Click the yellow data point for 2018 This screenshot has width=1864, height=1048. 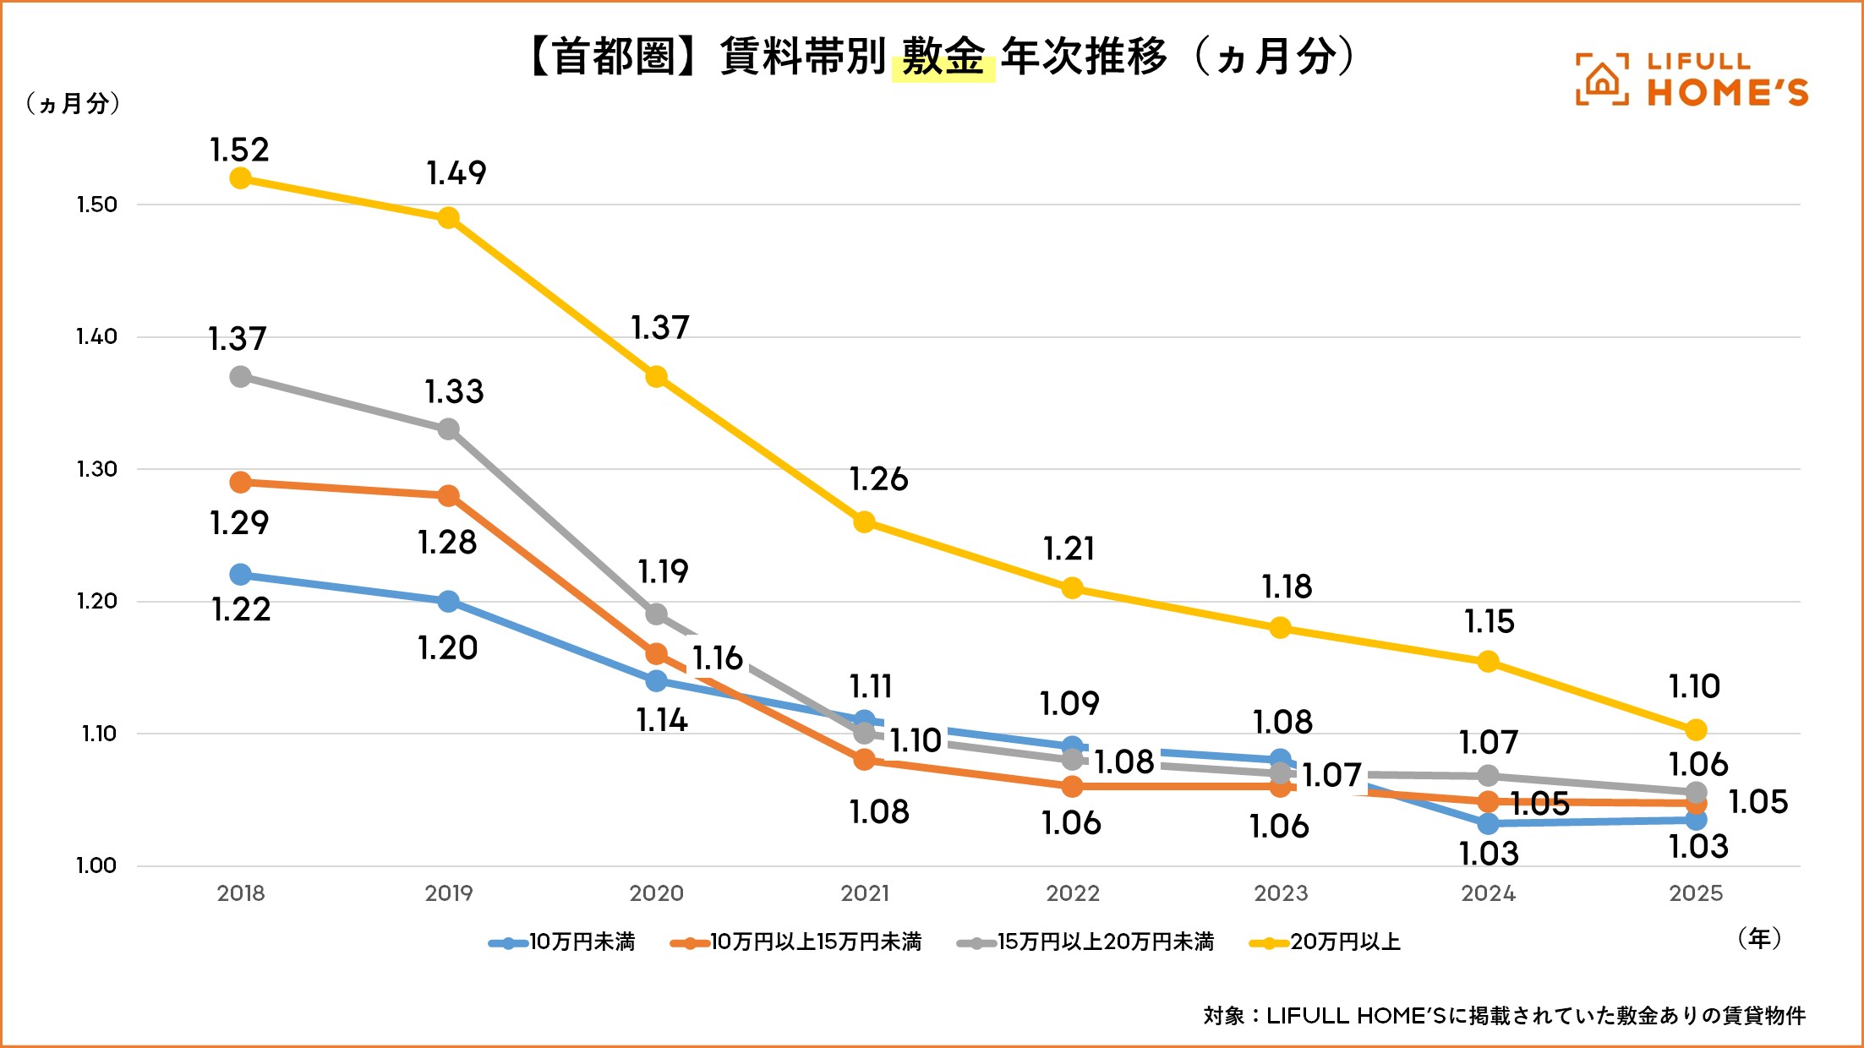click(x=240, y=178)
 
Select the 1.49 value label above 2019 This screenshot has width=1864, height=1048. click(x=456, y=173)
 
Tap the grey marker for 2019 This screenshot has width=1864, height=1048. click(x=449, y=429)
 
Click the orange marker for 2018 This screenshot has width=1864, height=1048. click(x=240, y=483)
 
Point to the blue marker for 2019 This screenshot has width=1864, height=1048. click(x=449, y=602)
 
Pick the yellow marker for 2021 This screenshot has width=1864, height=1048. click(x=864, y=522)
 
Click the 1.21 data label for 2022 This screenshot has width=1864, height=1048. click(x=1069, y=549)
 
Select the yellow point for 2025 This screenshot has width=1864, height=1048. click(x=1696, y=729)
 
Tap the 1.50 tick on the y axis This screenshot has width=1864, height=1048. click(x=96, y=205)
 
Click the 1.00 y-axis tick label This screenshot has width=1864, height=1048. click(x=96, y=865)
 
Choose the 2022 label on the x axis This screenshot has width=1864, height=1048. click(x=1072, y=893)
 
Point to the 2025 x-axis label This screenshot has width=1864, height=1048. click(x=1696, y=893)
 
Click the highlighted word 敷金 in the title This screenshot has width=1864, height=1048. click(x=943, y=57)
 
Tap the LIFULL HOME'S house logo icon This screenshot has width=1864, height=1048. click(x=1602, y=80)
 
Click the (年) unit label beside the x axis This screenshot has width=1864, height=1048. click(x=1759, y=938)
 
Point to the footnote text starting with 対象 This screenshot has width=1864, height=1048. click(x=1504, y=1015)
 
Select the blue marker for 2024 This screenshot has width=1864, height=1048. click(x=1489, y=823)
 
